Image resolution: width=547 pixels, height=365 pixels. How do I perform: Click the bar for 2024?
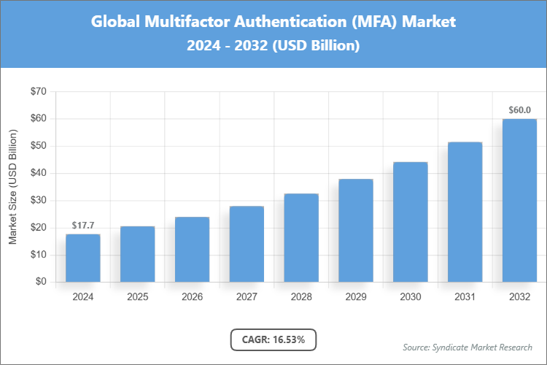pyautogui.click(x=82, y=258)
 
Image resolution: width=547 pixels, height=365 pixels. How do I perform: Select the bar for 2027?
pyautogui.click(x=247, y=244)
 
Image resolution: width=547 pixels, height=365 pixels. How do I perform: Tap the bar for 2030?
pyautogui.click(x=411, y=222)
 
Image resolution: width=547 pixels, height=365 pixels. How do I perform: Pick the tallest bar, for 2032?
pyautogui.click(x=519, y=200)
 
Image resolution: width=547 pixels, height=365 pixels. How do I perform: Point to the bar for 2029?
pyautogui.click(x=356, y=230)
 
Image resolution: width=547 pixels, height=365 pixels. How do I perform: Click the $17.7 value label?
pyautogui.click(x=82, y=225)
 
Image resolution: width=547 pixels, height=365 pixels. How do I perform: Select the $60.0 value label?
pyautogui.click(x=519, y=109)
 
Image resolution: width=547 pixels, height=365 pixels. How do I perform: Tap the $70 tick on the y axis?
pyautogui.click(x=37, y=91)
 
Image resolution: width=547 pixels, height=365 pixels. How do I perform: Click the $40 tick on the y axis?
pyautogui.click(x=37, y=173)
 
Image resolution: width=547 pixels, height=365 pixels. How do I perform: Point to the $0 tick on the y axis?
pyautogui.click(x=40, y=282)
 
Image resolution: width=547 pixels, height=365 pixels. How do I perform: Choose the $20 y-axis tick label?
pyautogui.click(x=37, y=228)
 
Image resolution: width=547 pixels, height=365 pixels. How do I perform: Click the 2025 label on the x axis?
pyautogui.click(x=137, y=297)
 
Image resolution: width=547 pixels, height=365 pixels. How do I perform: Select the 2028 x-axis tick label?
pyautogui.click(x=301, y=297)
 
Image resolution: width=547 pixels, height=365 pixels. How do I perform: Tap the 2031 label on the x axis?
pyautogui.click(x=465, y=297)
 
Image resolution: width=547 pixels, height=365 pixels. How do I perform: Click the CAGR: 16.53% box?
pyautogui.click(x=273, y=339)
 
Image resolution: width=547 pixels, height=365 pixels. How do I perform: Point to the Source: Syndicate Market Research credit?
pyautogui.click(x=468, y=347)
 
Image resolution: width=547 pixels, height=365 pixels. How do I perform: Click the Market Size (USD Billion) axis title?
pyautogui.click(x=12, y=187)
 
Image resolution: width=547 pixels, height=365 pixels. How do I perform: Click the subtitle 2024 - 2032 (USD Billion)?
pyautogui.click(x=273, y=45)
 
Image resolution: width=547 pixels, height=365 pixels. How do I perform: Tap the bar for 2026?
pyautogui.click(x=192, y=249)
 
